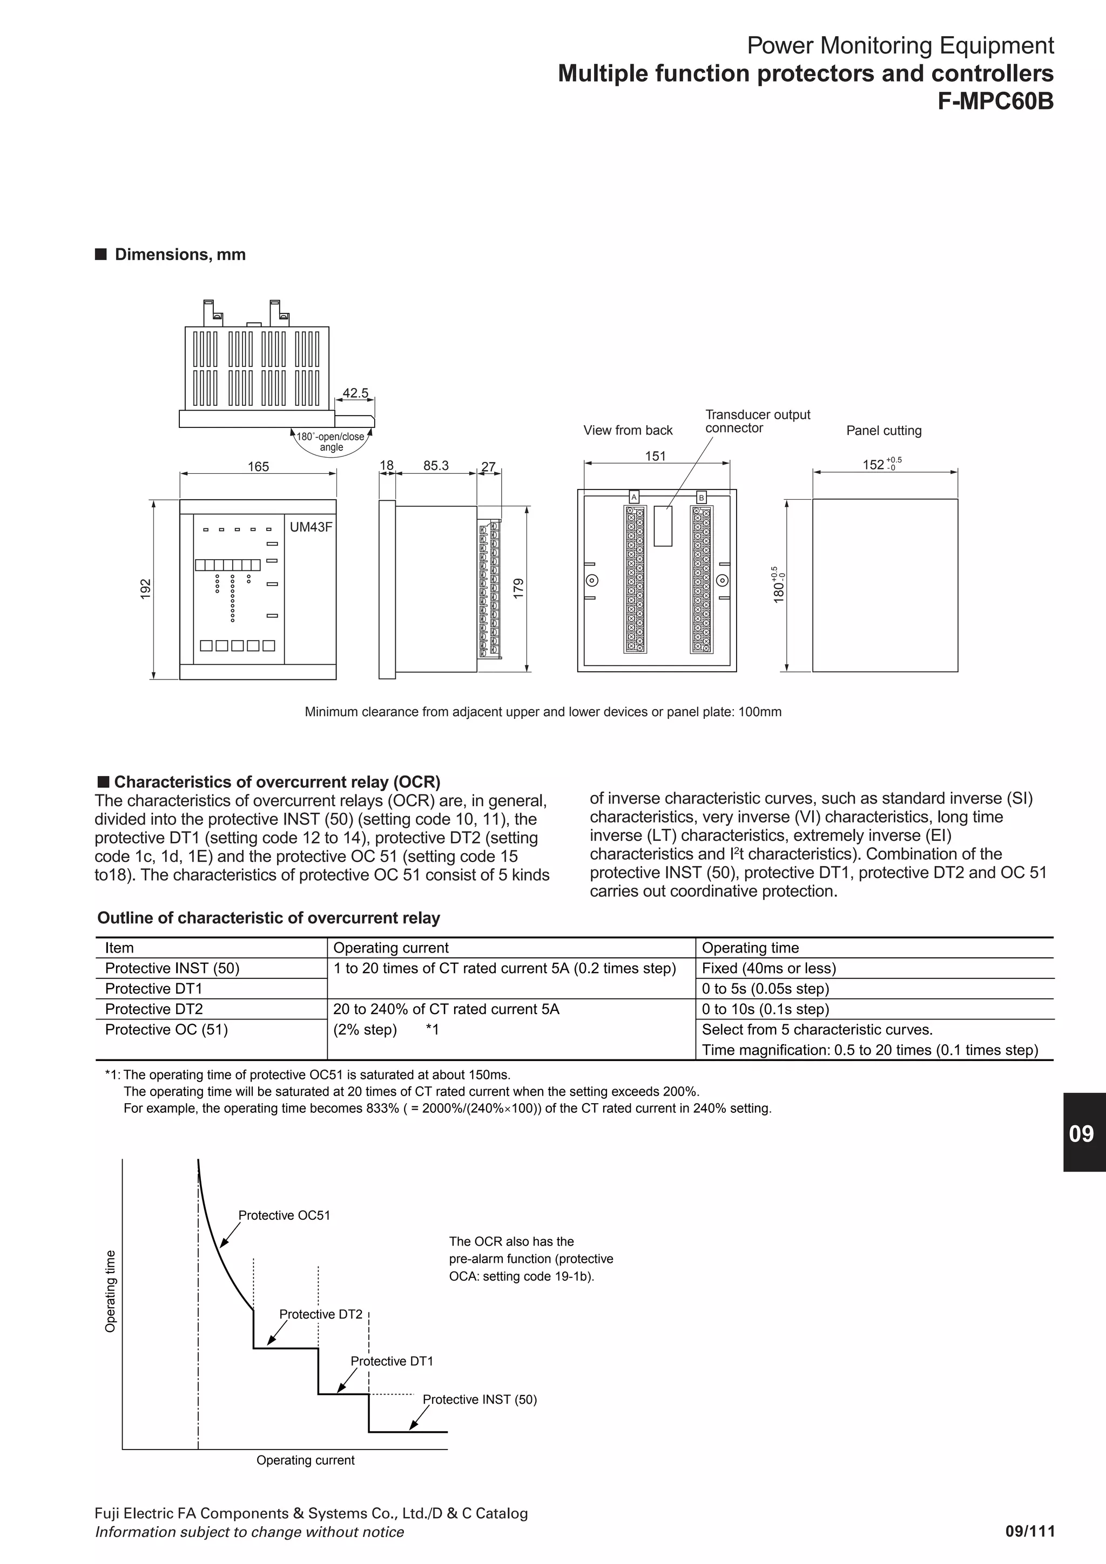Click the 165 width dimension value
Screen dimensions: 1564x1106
258,467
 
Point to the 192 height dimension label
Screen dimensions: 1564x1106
145,589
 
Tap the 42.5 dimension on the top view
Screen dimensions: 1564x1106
355,393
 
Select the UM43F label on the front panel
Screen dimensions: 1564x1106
311,527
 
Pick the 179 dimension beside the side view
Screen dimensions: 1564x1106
518,589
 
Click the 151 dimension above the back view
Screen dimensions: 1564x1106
655,455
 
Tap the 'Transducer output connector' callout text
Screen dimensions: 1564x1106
757,421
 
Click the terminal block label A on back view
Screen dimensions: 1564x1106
634,497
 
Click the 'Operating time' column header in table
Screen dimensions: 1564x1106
750,948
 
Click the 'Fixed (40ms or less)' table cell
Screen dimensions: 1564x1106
768,968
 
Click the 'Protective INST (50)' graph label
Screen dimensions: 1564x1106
480,1399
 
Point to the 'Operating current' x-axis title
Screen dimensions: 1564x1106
305,1460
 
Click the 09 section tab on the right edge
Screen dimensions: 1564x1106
1082,1133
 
